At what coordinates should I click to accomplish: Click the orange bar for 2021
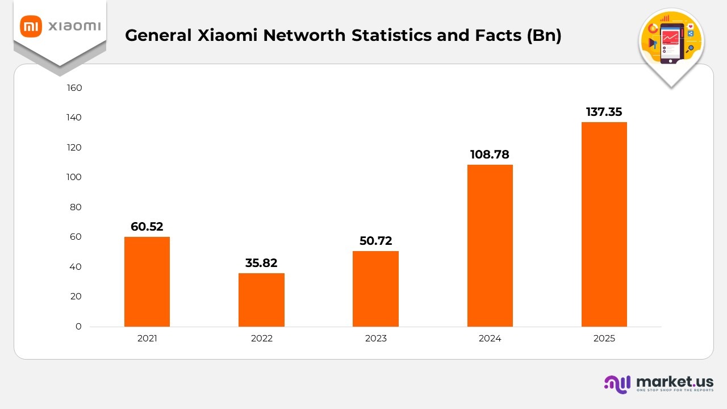tap(147, 281)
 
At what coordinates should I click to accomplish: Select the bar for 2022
tap(261, 299)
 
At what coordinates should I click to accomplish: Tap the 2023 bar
tap(375, 289)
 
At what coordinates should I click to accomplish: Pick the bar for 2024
tap(490, 245)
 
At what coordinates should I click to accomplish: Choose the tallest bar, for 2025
tap(604, 224)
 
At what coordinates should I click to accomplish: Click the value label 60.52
tap(147, 227)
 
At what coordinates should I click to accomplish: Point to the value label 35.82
tap(261, 263)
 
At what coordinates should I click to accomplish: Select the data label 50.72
tap(375, 241)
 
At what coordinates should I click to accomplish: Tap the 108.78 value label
tap(490, 155)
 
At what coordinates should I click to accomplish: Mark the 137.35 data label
tap(604, 112)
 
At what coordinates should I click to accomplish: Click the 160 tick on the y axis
tap(74, 87)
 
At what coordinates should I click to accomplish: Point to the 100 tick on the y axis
tap(74, 177)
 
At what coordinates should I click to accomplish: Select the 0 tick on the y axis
tap(79, 327)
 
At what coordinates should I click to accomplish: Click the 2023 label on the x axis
tap(375, 339)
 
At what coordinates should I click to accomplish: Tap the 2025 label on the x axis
tap(604, 339)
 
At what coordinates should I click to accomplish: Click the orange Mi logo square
tap(31, 26)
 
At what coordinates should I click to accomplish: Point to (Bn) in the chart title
tap(544, 35)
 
